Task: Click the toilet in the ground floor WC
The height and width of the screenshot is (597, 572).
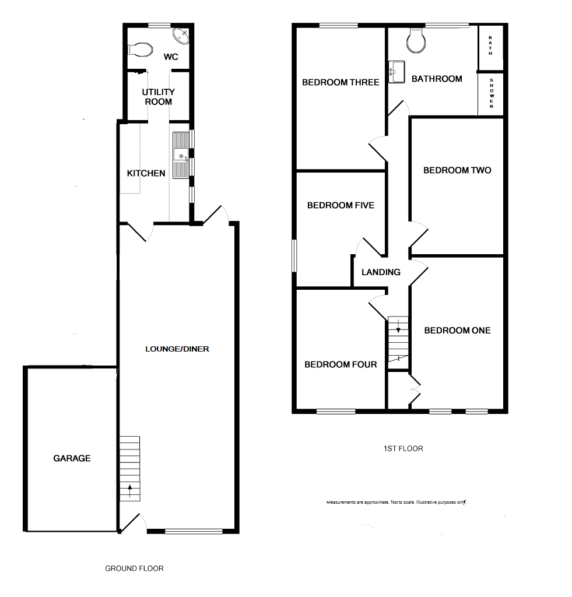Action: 140,50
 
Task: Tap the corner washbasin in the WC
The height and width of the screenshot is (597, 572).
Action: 181,36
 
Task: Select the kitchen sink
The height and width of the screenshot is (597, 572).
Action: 181,155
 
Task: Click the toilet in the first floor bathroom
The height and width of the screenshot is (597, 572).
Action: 416,40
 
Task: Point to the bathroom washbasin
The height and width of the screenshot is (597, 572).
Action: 396,72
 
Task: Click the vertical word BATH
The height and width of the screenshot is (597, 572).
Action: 490,45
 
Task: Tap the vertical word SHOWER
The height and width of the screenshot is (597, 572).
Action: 492,93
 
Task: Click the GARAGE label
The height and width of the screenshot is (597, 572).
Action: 72,458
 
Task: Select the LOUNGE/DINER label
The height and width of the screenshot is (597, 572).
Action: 177,349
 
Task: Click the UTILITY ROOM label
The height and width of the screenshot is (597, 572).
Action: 159,97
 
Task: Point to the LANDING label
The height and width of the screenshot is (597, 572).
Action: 381,272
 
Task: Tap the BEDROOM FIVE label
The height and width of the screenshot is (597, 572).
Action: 341,205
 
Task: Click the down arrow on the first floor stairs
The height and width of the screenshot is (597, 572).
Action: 398,326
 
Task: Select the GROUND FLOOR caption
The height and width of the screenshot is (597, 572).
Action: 135,568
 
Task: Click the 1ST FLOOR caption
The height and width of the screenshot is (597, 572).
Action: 403,448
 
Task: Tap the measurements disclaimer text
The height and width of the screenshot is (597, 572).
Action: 396,502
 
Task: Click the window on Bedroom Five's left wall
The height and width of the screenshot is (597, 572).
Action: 294,255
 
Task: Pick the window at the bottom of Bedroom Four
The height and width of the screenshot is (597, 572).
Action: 336,411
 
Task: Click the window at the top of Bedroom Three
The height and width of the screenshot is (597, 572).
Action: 339,26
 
